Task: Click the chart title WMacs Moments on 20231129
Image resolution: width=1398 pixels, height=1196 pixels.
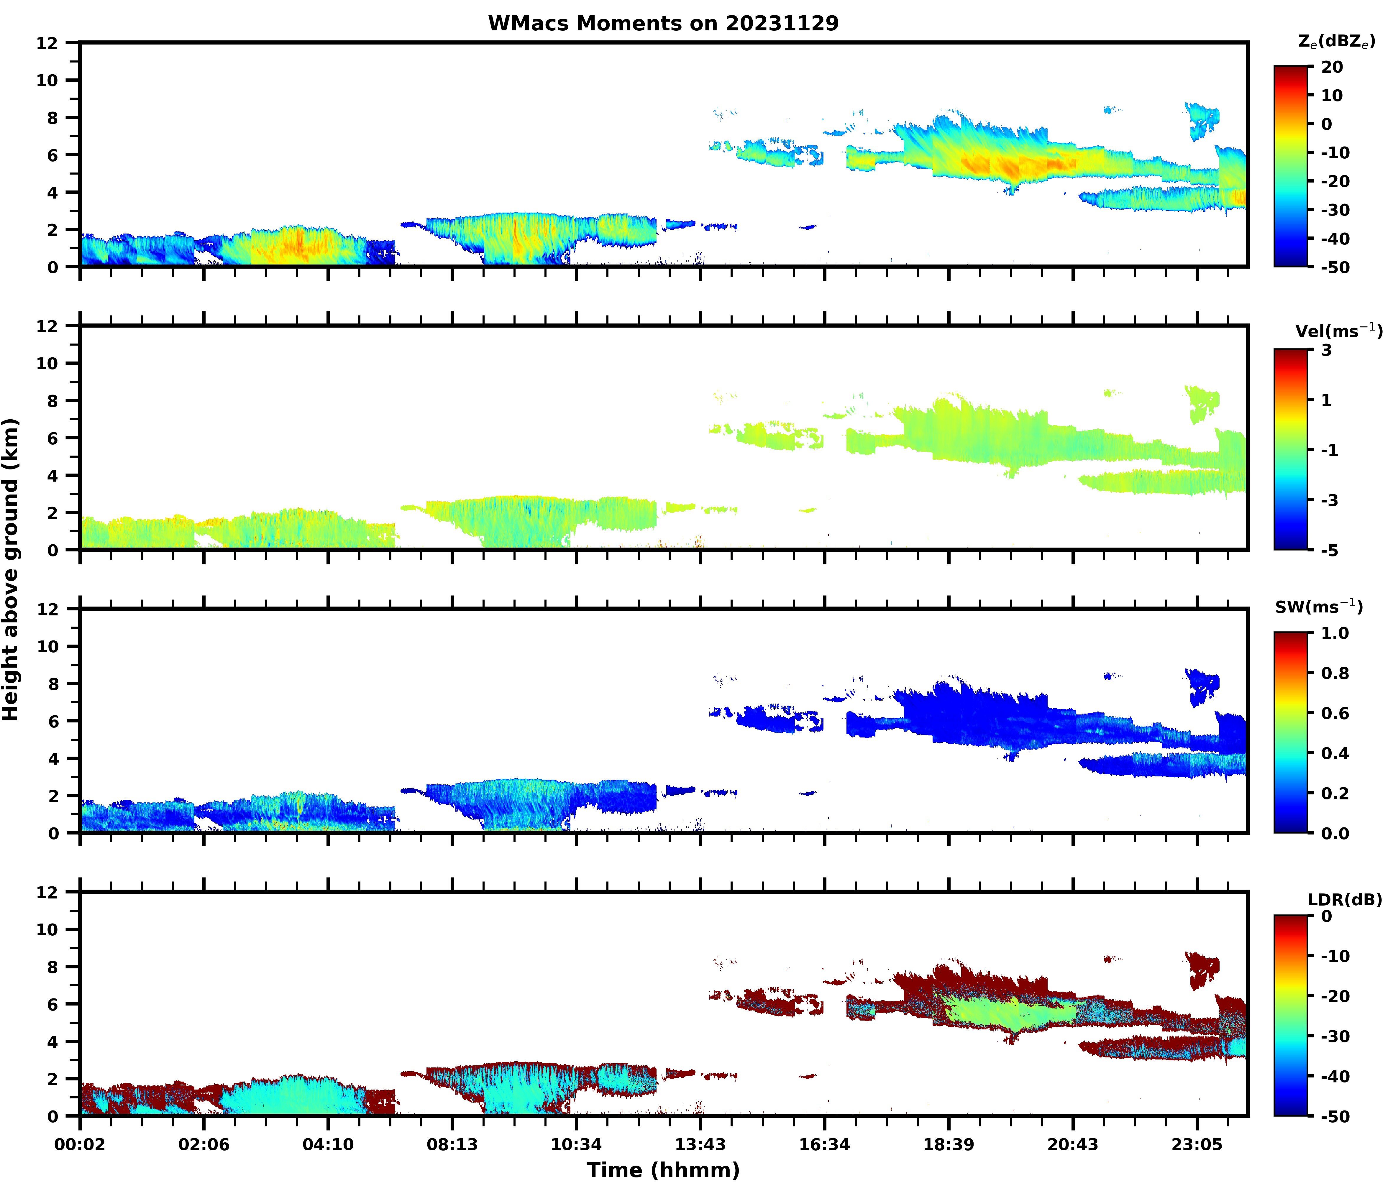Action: point(663,24)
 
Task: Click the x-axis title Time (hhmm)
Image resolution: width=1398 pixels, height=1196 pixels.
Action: point(663,1170)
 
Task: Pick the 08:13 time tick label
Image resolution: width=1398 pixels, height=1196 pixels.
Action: point(452,1145)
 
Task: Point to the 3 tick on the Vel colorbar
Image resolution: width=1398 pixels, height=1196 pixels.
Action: point(1327,350)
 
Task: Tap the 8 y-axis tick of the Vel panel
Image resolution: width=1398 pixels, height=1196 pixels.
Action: point(52,401)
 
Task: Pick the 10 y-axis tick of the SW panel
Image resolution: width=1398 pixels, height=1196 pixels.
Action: point(47,646)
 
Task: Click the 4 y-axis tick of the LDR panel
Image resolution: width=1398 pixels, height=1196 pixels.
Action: point(52,1041)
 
